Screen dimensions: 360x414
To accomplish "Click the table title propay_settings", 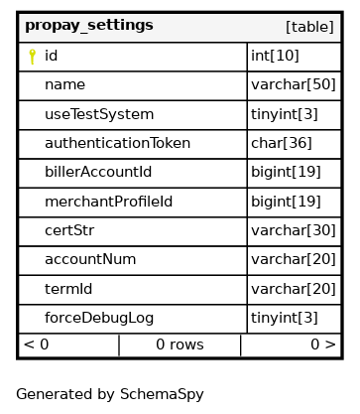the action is pos(89,26).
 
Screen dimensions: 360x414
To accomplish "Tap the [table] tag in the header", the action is pos(309,27).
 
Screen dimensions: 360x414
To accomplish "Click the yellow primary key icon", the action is pos(32,57).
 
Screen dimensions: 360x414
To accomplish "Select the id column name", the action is pos(52,56).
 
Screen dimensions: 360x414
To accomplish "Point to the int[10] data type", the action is pos(275,56).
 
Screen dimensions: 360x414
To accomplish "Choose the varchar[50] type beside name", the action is pos(294,84).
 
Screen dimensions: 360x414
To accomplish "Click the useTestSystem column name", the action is pos(99,114).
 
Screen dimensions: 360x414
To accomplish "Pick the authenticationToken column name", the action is pos(117,143).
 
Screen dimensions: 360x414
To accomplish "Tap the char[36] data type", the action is pos(282,143).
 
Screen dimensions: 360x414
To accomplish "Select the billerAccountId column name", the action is pos(98,172).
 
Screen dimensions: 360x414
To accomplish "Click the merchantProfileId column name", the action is pos(108,202).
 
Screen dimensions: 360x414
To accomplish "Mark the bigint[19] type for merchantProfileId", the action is pos(286,202).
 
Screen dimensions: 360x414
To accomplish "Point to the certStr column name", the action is pos(69,230).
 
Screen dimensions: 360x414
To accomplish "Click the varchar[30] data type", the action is pos(294,230).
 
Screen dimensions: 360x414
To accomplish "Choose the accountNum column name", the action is pos(90,259).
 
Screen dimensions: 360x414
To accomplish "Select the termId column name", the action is pos(68,289).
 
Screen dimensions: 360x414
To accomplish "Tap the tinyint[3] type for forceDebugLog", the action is pos(285,318).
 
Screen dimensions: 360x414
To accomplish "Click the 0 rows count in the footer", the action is pos(180,345).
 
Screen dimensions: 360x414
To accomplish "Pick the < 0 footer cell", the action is pos(37,345).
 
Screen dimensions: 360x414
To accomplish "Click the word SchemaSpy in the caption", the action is pos(162,394).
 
